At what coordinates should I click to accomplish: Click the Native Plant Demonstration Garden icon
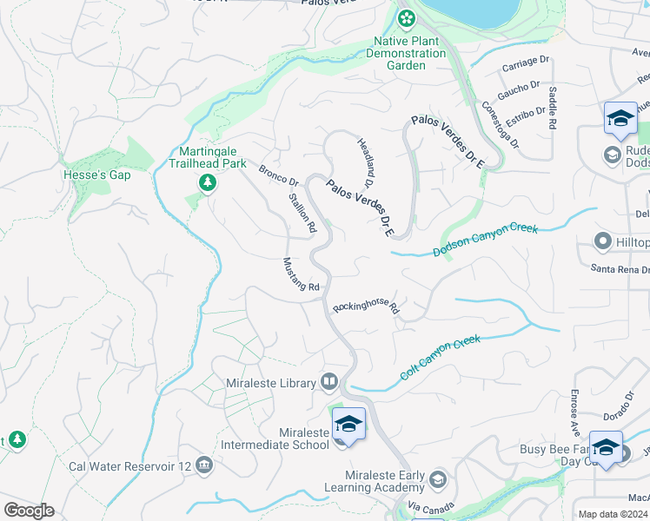[405, 18]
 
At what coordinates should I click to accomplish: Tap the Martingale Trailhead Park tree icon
[207, 181]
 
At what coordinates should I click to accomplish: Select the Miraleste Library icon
[329, 381]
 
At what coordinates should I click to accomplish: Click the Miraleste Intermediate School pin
[348, 425]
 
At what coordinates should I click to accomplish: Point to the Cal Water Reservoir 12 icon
[204, 465]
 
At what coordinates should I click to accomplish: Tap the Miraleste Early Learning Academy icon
[438, 479]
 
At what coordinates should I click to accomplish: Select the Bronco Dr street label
[278, 175]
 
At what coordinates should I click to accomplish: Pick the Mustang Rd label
[302, 274]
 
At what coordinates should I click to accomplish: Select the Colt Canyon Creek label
[440, 357]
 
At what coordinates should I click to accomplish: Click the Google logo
[29, 511]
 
